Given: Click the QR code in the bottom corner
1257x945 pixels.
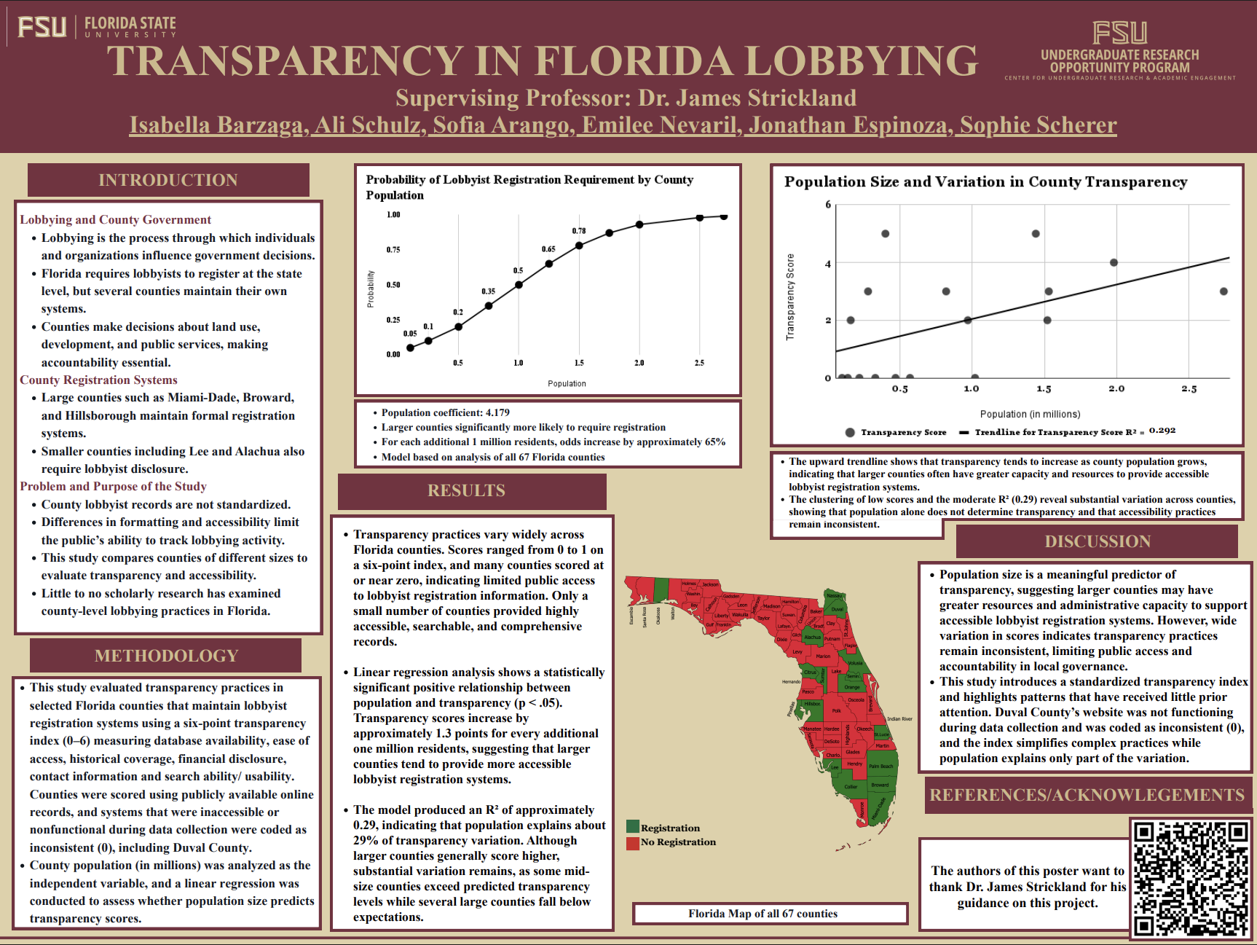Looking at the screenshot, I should tap(1191, 878).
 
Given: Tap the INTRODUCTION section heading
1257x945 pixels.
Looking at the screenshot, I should tap(168, 180).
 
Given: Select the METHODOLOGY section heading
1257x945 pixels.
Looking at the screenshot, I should tap(166, 656).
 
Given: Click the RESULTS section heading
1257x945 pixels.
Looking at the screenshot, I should tap(466, 490).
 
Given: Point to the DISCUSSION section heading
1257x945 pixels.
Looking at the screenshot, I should tap(1098, 541).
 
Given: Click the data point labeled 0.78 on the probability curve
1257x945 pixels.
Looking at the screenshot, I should tap(579, 246).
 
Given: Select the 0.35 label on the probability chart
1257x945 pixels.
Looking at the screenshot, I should tap(488, 291).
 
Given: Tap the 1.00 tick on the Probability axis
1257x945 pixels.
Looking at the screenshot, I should tap(393, 215).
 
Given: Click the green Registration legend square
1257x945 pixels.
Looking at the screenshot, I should tap(633, 827).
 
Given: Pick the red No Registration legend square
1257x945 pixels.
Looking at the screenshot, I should tap(633, 842).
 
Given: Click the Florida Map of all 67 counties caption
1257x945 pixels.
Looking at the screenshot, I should tap(763, 914).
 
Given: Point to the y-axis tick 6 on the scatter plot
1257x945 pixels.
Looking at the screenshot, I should tap(828, 205).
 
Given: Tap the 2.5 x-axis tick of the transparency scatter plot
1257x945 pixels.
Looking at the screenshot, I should tap(1189, 389).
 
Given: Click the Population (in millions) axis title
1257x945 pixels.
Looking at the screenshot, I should tap(1030, 414).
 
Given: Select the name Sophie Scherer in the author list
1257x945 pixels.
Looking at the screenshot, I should tap(1038, 125).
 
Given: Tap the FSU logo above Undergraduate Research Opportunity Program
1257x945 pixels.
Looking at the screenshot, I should tap(1119, 34).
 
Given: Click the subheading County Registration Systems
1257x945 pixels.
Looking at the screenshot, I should tap(98, 380).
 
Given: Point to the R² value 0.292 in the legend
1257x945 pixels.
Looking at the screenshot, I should tap(1162, 431).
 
